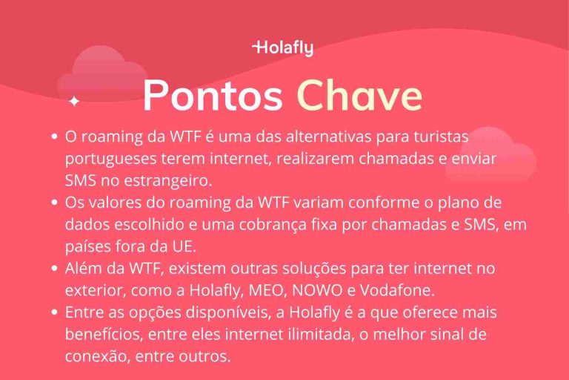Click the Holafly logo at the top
point(284,48)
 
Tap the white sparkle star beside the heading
point(73,101)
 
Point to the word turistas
point(442,137)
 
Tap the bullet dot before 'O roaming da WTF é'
point(55,137)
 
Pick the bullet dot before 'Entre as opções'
point(55,312)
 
